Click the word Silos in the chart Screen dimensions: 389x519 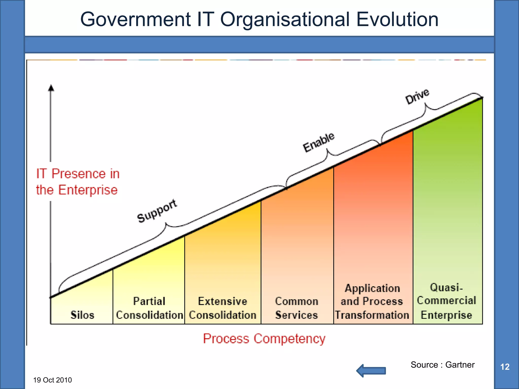[82, 315]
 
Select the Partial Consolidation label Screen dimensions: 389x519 [150, 308]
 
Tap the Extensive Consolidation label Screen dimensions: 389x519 [223, 308]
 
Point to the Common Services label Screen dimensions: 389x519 [296, 308]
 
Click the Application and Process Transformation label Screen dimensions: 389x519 [372, 301]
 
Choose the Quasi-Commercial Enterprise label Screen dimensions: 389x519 [447, 301]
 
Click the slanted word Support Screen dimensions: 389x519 [157, 211]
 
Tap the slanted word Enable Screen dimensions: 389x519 [319, 142]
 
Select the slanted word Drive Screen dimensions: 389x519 [417, 96]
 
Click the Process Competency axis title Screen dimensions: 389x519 [264, 339]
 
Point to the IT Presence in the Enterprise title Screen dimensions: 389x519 [77, 182]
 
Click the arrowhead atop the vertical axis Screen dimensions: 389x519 [51, 88]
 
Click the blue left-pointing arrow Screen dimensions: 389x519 [371, 371]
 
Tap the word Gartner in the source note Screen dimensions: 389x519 [460, 365]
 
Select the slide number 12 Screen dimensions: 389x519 [505, 367]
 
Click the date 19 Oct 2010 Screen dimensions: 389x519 [52, 380]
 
